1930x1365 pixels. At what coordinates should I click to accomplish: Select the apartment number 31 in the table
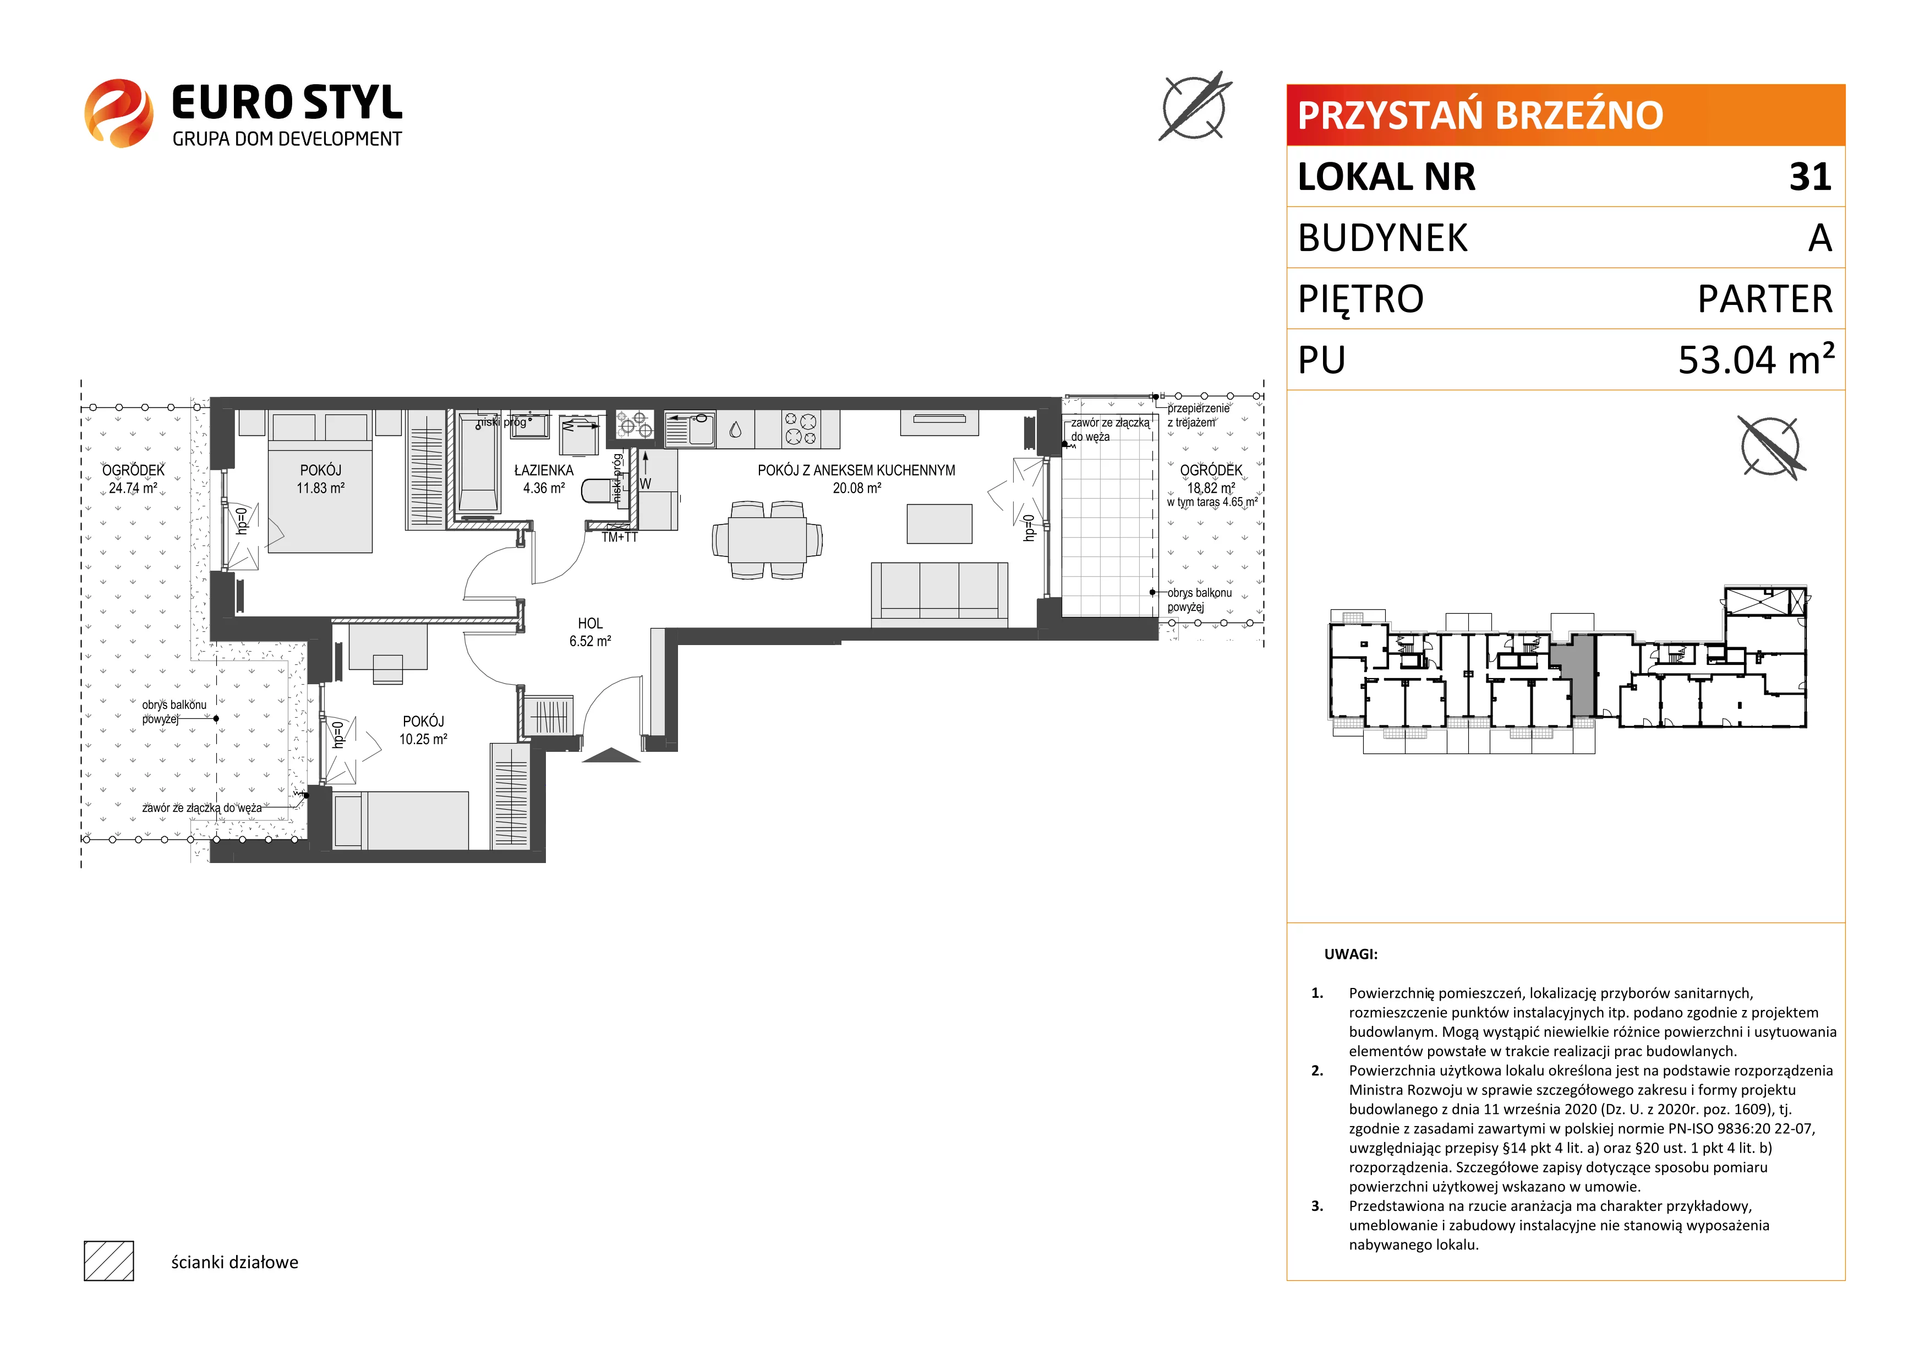(1810, 177)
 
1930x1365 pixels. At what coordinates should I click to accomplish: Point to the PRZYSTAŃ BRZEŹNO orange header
(1565, 115)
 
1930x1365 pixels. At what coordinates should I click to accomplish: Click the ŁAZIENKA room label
(544, 471)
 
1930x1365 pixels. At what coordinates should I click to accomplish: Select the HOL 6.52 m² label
(590, 632)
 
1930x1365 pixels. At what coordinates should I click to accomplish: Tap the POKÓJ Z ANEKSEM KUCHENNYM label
(856, 471)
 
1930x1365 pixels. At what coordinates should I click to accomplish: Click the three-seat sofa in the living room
(939, 594)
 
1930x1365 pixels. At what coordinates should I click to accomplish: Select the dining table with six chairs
(767, 539)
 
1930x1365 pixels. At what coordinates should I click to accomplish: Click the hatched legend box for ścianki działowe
(110, 1261)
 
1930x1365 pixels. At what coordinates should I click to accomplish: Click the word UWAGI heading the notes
(1351, 954)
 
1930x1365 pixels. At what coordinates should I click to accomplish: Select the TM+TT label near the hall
(620, 537)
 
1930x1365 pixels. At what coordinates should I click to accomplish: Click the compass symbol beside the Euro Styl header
(1194, 107)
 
